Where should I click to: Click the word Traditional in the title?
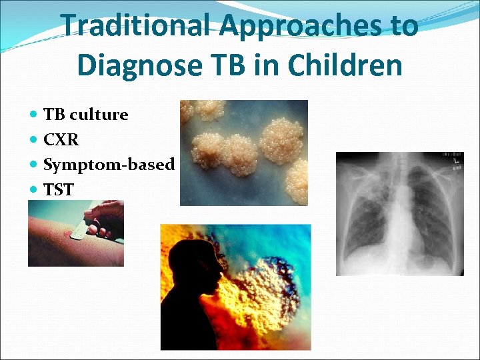click(137, 26)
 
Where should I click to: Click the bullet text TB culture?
click(85, 115)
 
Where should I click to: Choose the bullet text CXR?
click(61, 139)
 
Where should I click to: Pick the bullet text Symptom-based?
click(109, 164)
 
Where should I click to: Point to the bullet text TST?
click(59, 189)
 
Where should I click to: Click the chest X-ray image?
click(399, 213)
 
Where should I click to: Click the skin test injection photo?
click(75, 233)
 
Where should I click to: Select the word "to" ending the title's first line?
click(402, 26)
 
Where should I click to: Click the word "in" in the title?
click(267, 65)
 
